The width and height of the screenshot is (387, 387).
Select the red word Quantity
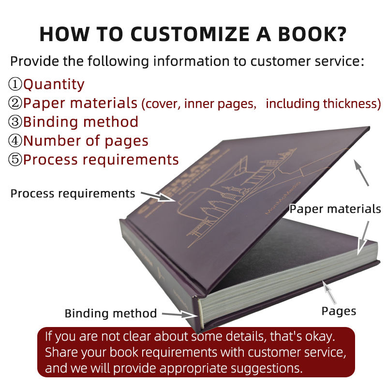coord(54,84)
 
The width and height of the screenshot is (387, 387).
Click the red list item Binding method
coord(81,121)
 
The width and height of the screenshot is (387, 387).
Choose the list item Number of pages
coord(86,141)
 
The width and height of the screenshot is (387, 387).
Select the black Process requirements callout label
coord(73,193)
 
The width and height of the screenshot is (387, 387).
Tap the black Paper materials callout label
coord(335,209)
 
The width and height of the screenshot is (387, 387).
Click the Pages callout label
coord(339,311)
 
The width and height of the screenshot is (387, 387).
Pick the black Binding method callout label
coord(111,313)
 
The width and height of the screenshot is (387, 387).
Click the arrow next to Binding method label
coord(179,314)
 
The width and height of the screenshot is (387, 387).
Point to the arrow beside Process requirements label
coord(157,196)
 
